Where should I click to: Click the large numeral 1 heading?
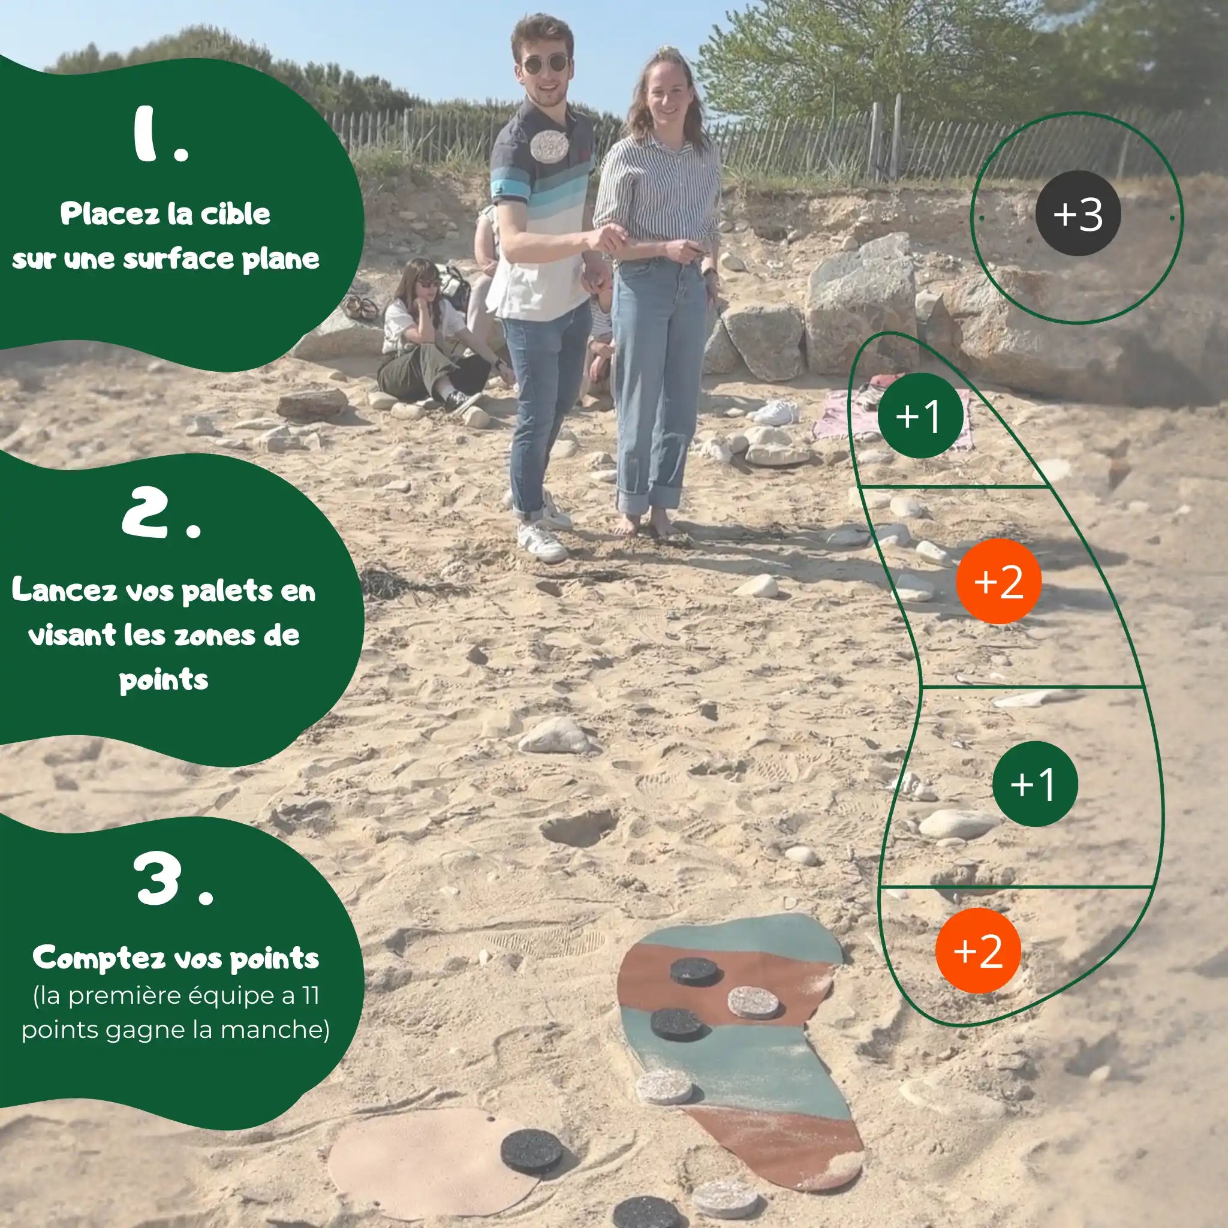pos(161,135)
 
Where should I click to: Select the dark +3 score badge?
pos(1078,213)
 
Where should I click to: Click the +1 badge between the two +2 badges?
pos(1035,784)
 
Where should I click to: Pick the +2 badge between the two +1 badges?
pos(998,581)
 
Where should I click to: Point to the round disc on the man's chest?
pos(548,146)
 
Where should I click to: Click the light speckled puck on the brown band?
pos(753,1002)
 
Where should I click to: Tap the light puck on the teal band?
pos(664,1087)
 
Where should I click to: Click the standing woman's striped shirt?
pos(658,194)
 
